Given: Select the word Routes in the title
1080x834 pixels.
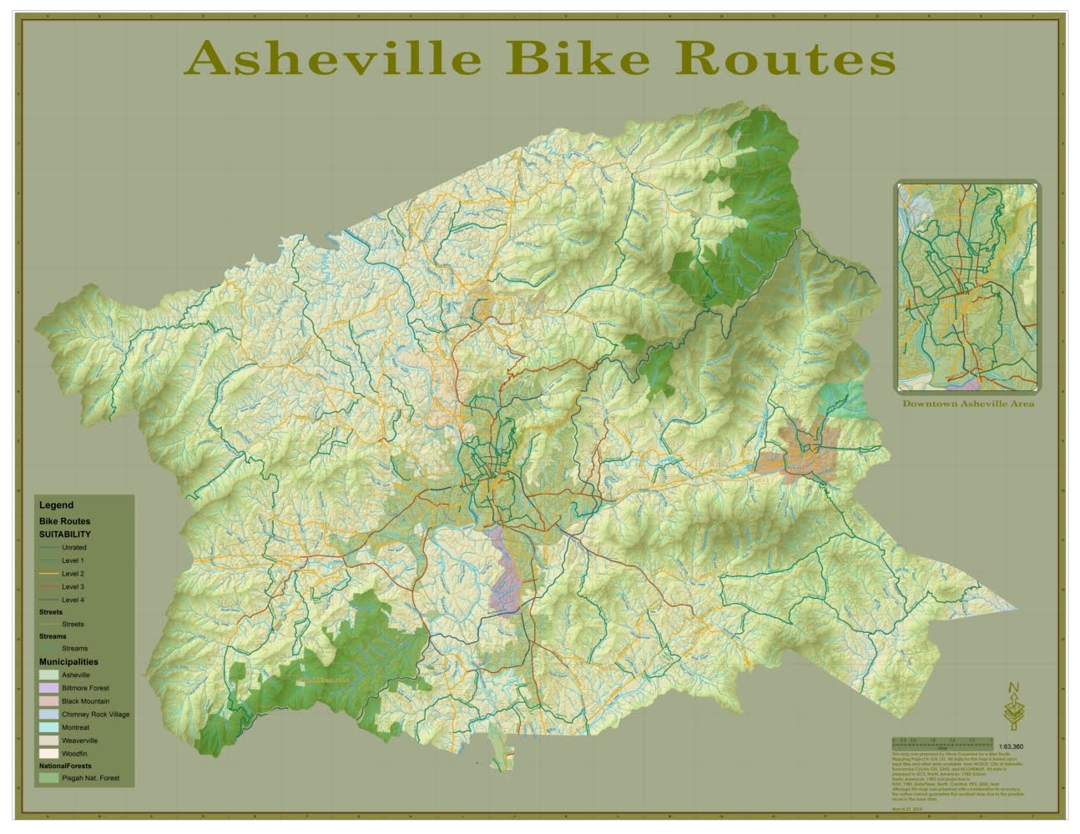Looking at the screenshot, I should (786, 59).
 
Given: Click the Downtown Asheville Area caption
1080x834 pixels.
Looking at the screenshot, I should (968, 404).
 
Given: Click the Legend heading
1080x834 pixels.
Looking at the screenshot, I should (56, 505).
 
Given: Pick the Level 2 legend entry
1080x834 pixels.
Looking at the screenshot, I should (73, 574).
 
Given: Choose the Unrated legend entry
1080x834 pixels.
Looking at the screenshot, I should (73, 548).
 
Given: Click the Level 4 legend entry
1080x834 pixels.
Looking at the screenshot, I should (73, 600).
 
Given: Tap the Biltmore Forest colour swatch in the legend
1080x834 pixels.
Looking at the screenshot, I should (49, 688).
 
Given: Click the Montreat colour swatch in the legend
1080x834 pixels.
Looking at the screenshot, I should (49, 727).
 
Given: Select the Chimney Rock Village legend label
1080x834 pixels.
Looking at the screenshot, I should (95, 715).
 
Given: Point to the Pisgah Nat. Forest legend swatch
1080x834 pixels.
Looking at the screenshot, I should (49, 778).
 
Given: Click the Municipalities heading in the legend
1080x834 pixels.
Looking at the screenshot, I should (68, 662).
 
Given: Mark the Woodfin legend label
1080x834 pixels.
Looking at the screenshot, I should (74, 753).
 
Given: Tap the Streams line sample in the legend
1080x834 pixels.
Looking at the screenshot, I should (49, 648).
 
